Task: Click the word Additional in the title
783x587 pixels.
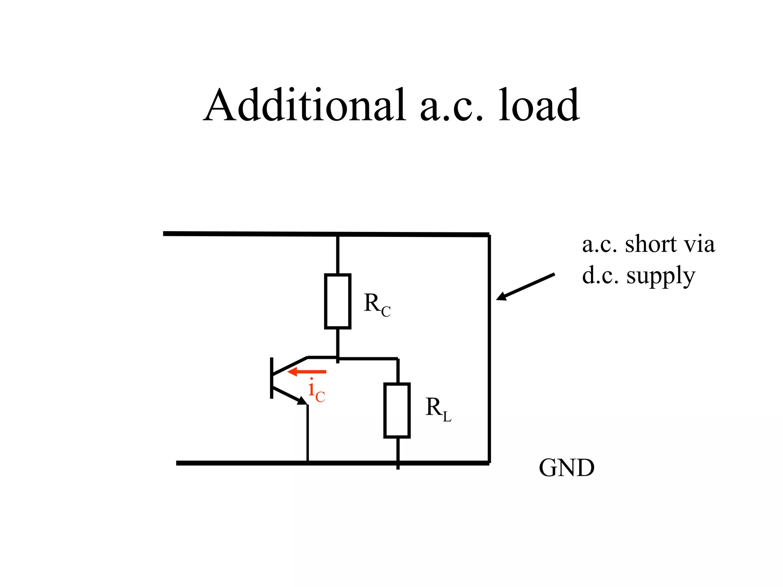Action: point(304,105)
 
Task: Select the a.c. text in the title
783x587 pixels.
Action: point(451,109)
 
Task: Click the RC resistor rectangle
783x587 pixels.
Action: point(338,301)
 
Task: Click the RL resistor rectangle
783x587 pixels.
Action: point(397,410)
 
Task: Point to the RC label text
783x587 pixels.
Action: point(377,305)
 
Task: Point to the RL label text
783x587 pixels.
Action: point(438,409)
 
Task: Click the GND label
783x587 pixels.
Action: point(566,468)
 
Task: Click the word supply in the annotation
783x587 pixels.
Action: point(661,276)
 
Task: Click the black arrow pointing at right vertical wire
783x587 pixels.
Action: point(526,287)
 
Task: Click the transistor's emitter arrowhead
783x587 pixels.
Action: point(302,401)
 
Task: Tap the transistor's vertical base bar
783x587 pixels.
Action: point(271,378)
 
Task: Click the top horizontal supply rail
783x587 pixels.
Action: point(268,234)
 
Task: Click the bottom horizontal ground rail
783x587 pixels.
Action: point(249,463)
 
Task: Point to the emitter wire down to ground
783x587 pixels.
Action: point(307,434)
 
